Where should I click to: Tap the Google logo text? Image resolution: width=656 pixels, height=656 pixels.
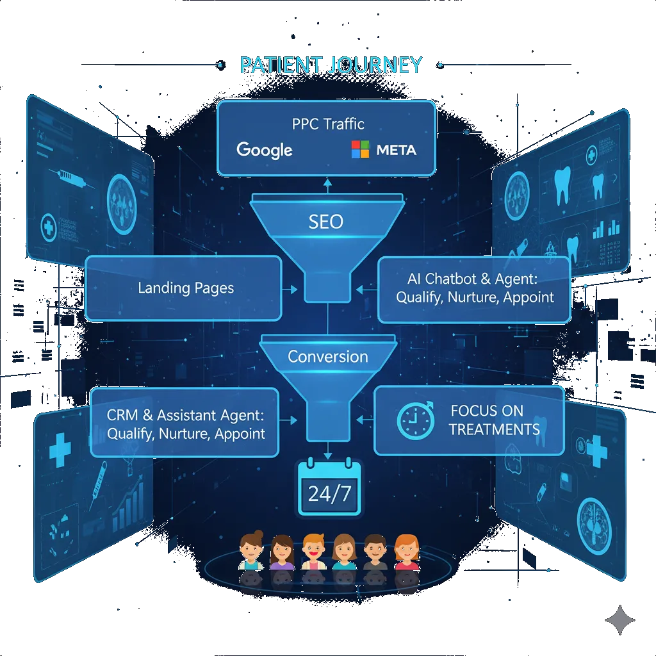(x=264, y=150)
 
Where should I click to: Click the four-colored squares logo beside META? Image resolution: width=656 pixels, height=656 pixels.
(x=361, y=149)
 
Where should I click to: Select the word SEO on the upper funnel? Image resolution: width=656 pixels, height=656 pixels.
(x=325, y=222)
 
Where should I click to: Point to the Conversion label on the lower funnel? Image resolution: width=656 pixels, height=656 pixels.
(x=327, y=357)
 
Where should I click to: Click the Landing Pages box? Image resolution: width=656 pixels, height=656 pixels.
(x=183, y=288)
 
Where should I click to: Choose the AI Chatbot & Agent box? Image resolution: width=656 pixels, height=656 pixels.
(x=474, y=289)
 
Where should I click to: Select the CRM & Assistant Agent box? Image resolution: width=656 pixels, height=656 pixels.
(x=185, y=423)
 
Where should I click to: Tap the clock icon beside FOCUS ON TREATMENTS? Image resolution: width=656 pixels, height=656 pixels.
(x=415, y=421)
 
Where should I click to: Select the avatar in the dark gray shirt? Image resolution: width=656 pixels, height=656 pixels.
(x=375, y=552)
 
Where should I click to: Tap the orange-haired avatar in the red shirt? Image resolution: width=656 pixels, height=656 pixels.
(x=406, y=552)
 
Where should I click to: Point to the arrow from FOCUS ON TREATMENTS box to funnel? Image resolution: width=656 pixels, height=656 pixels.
(x=363, y=420)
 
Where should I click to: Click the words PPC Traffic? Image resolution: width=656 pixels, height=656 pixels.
(x=327, y=124)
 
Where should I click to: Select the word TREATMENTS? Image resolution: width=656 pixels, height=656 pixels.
(x=494, y=429)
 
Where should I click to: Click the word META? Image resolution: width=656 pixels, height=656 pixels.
(x=396, y=150)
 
